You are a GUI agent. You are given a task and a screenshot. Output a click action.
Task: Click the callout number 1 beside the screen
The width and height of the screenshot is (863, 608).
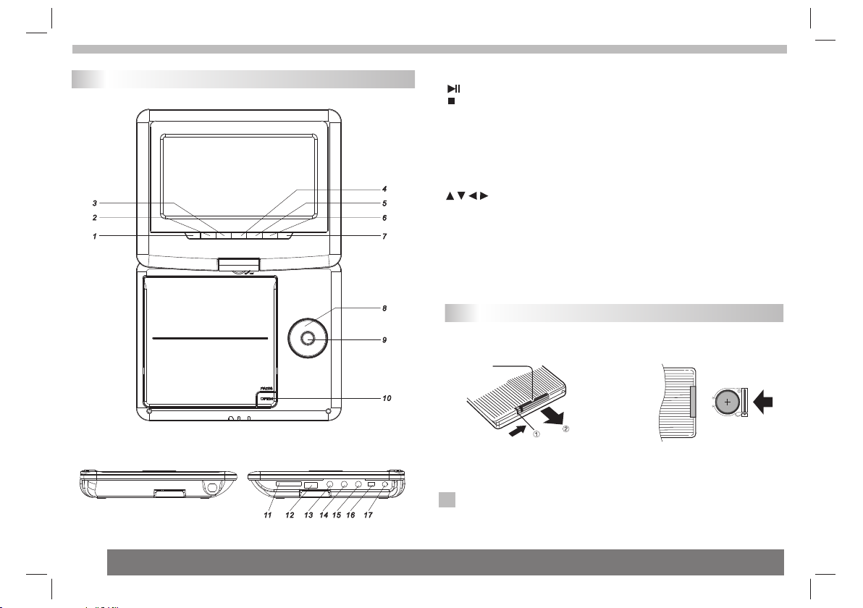pos(95,236)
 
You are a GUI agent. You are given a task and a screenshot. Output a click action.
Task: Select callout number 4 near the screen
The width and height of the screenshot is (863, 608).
pos(384,190)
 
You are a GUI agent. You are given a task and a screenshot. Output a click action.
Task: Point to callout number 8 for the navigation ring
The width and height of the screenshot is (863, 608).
pos(384,308)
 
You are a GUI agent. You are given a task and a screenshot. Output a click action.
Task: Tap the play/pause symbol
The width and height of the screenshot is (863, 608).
pos(453,88)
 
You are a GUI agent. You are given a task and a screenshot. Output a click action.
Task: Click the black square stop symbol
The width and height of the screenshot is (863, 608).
pos(450,101)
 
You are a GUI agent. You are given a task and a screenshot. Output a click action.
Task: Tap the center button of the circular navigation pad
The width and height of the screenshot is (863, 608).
pos(306,337)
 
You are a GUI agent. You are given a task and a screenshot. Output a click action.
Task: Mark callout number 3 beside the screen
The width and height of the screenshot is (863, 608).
pos(95,203)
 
